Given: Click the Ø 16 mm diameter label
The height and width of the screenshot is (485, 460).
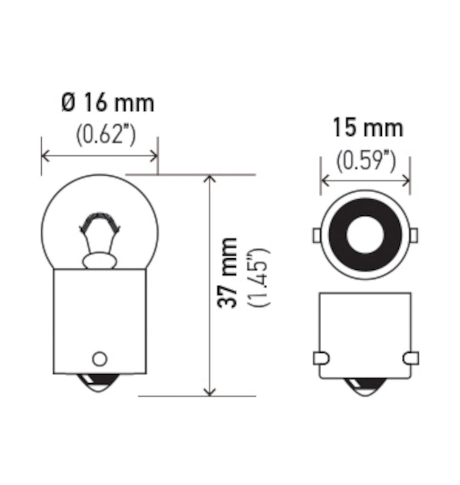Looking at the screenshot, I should [x=107, y=102].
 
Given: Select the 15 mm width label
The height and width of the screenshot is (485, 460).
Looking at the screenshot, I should [x=367, y=128].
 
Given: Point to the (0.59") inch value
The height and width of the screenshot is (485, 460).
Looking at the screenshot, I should [x=366, y=161].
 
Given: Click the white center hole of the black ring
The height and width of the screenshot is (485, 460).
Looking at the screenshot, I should [x=365, y=235].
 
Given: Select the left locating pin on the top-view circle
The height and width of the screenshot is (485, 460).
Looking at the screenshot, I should [x=317, y=235].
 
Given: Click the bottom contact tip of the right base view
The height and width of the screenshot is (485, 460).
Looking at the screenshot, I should [x=365, y=386].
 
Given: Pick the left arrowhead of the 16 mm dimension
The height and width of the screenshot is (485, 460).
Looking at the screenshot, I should [x=46, y=156].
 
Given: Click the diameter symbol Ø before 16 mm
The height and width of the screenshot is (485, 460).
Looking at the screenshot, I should [x=68, y=102].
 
